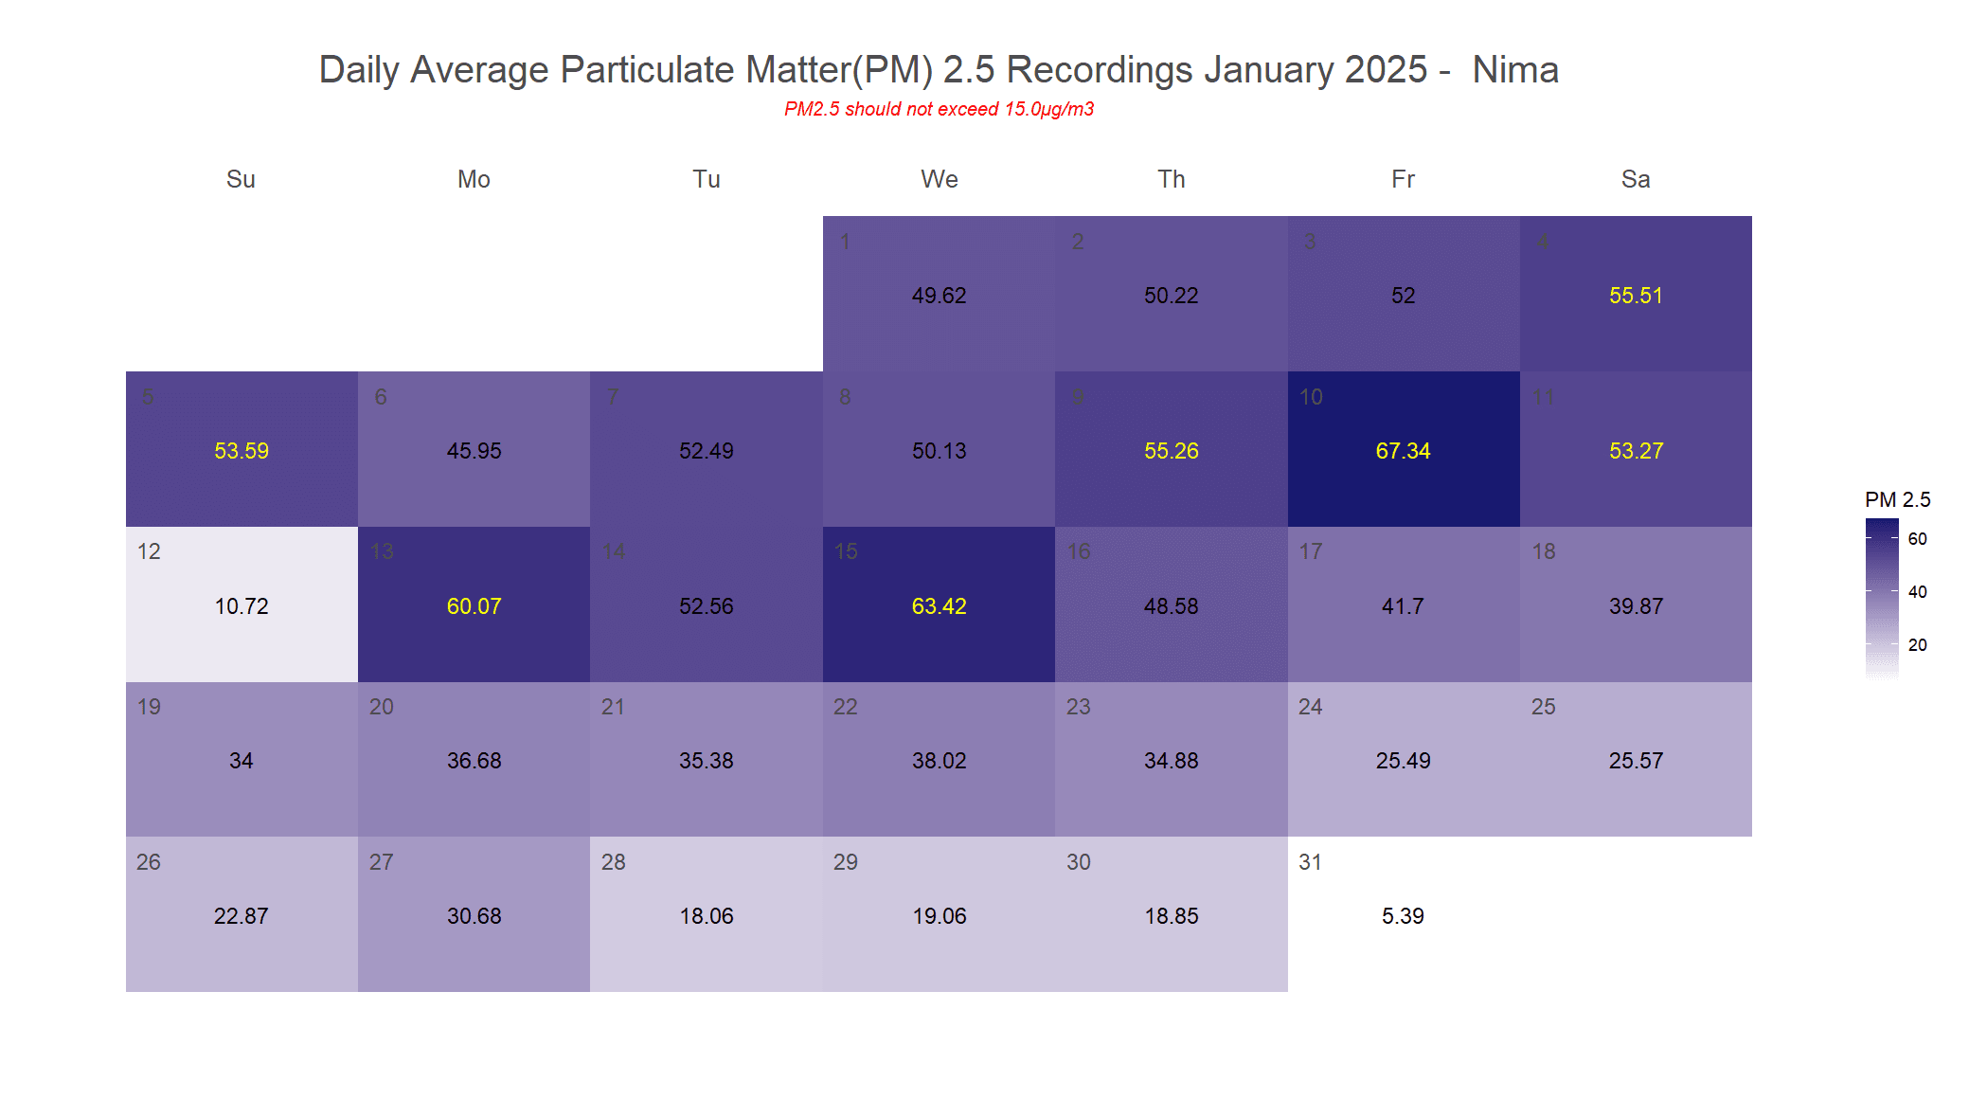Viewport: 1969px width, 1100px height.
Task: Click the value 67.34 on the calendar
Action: (x=1403, y=451)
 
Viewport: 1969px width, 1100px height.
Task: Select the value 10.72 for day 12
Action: (x=242, y=606)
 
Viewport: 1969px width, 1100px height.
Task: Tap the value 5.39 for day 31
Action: (x=1403, y=916)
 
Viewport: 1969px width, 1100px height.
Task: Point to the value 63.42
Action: (x=939, y=606)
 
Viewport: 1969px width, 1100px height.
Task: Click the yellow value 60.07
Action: (x=474, y=606)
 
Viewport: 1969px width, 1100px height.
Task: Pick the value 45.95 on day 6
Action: (x=474, y=451)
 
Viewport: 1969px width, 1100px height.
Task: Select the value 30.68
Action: (x=474, y=916)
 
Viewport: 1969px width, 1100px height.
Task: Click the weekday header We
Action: (x=939, y=179)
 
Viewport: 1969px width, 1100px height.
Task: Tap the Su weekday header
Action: (x=241, y=179)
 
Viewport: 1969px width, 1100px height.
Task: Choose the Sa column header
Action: (x=1636, y=179)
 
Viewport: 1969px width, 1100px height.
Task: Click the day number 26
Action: (x=149, y=862)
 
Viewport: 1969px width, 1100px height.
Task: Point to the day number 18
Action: (x=1544, y=551)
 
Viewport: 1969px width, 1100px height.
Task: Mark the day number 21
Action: (x=613, y=707)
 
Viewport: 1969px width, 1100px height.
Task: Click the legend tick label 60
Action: (x=1918, y=539)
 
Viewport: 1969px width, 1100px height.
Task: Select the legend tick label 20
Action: (x=1918, y=645)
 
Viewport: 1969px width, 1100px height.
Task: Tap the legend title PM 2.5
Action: (x=1897, y=499)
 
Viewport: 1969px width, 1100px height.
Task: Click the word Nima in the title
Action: (x=1515, y=70)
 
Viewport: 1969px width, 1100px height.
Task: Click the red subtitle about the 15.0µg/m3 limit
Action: (x=939, y=109)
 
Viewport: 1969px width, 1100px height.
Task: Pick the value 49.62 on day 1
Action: (x=939, y=296)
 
